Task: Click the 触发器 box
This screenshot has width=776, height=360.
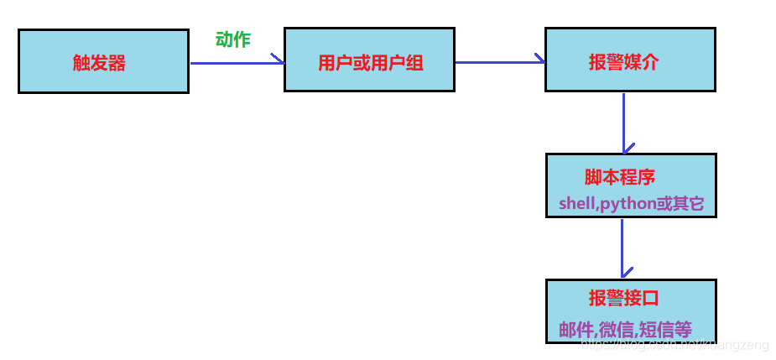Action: [x=103, y=61]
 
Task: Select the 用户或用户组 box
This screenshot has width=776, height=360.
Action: [x=369, y=60]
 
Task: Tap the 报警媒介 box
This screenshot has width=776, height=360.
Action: [x=629, y=59]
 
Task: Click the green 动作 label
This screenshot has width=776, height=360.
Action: [x=233, y=39]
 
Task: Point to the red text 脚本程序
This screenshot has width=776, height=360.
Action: [x=619, y=177]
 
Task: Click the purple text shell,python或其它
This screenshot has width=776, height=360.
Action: [x=631, y=203]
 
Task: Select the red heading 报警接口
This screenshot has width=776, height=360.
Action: [x=623, y=298]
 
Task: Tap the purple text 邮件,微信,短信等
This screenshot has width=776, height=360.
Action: [x=625, y=330]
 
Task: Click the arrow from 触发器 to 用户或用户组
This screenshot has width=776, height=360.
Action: [x=235, y=62]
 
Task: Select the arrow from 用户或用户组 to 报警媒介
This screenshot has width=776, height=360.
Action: [x=498, y=61]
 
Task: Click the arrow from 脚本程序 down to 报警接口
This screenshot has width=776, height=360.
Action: [x=622, y=248]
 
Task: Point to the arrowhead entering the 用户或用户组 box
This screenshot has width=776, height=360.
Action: [x=279, y=60]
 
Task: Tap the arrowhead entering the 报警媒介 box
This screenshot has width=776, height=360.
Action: [x=540, y=60]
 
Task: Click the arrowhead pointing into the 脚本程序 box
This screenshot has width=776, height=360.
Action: [x=623, y=149]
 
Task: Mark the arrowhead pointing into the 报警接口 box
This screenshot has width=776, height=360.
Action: [x=622, y=274]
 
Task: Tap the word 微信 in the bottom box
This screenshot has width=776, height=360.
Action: [x=616, y=330]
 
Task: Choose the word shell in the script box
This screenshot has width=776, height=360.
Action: [x=576, y=204]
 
